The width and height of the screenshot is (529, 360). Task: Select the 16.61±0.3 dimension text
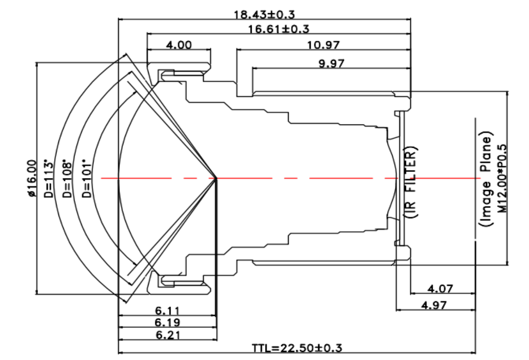tap(279, 29)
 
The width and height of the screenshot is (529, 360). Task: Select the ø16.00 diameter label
tap(31, 178)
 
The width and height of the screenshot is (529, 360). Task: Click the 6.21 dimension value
tap(168, 335)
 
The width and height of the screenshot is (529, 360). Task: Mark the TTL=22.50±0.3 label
tap(297, 348)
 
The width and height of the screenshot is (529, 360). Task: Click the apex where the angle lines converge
tap(217, 179)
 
